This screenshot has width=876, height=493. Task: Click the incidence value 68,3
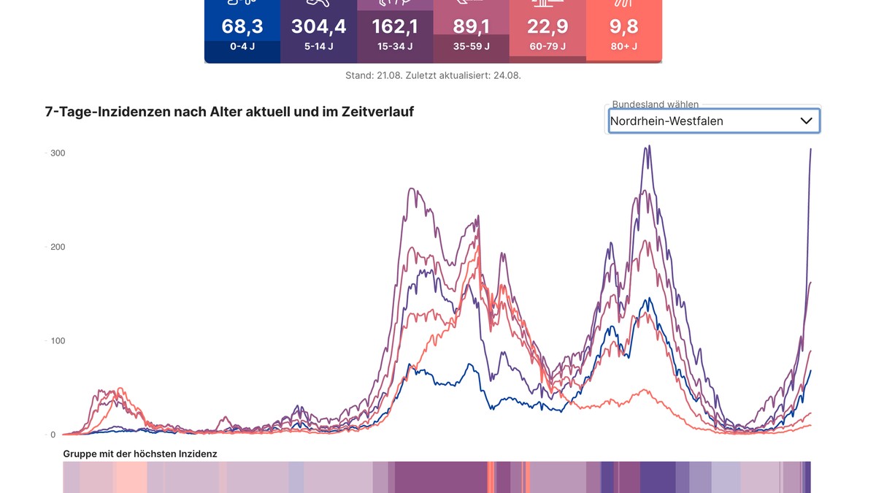coord(242,27)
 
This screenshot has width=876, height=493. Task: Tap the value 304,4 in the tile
coord(318,27)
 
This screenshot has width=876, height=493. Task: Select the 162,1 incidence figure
coord(395,27)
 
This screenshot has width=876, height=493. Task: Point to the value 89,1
coord(471,27)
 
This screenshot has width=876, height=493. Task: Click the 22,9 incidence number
coord(547,27)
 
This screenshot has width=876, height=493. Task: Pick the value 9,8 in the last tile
coord(623,27)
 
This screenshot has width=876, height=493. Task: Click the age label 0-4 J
coord(242,47)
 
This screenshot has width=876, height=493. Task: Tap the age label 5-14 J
coord(318,47)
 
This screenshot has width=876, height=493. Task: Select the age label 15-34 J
coord(395,47)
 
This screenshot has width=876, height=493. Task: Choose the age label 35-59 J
coord(471,47)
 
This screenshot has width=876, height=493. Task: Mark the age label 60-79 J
coord(547,47)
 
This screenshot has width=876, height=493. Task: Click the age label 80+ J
coord(623,47)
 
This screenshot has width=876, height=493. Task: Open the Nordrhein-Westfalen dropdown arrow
coord(807,121)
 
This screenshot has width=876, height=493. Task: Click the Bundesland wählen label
coord(655,104)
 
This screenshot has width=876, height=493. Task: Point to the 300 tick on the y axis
coord(57,153)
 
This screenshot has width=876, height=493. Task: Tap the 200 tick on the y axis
coord(57,247)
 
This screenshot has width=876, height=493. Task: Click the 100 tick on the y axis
coord(57,341)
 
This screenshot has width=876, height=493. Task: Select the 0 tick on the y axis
coord(53,435)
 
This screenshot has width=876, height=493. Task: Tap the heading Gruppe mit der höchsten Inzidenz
coord(140,454)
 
